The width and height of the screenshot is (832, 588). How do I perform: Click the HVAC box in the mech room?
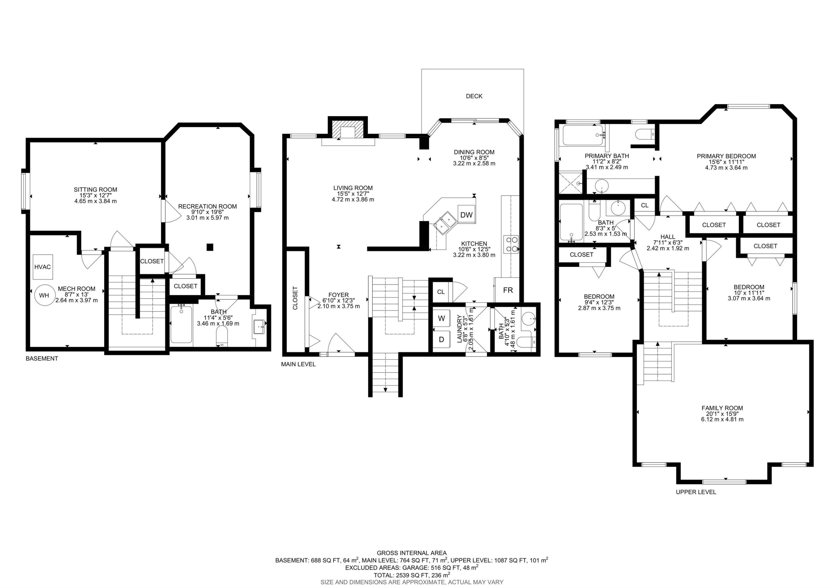pyautogui.click(x=42, y=267)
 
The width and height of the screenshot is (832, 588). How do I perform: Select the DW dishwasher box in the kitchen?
pyautogui.click(x=466, y=214)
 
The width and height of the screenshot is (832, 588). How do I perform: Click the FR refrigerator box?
pyautogui.click(x=508, y=290)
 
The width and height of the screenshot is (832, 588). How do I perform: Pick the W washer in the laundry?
pyautogui.click(x=441, y=319)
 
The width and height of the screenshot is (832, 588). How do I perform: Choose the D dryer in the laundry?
pyautogui.click(x=441, y=340)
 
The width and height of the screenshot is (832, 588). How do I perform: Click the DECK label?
pyautogui.click(x=474, y=96)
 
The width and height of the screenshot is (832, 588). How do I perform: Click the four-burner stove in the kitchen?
pyautogui.click(x=511, y=244)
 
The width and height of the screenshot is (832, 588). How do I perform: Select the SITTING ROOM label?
pyautogui.click(x=95, y=189)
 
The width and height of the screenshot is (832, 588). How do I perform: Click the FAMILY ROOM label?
pyautogui.click(x=722, y=408)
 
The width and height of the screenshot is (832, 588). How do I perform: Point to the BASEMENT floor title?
pyautogui.click(x=42, y=359)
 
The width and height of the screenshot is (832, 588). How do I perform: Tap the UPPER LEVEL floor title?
pyautogui.click(x=696, y=492)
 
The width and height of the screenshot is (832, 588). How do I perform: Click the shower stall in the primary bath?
pyautogui.click(x=571, y=183)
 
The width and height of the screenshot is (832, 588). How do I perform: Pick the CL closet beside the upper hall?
pyautogui.click(x=644, y=205)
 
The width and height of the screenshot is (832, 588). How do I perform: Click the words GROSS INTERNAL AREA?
pyautogui.click(x=412, y=553)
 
